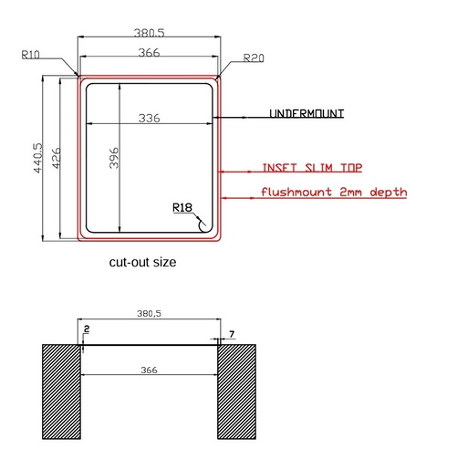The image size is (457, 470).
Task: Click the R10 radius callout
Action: tap(30, 55)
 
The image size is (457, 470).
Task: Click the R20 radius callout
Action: tap(254, 57)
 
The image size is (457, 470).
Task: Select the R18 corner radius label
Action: tap(182, 207)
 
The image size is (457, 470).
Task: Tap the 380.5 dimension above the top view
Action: tap(150, 33)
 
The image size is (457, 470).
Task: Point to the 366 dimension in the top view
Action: tap(149, 53)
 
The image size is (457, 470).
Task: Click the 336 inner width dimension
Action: tap(149, 118)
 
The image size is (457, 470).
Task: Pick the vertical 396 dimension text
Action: tap(114, 158)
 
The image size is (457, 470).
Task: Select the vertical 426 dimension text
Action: tap(57, 158)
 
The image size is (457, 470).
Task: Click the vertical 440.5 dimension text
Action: tap(37, 158)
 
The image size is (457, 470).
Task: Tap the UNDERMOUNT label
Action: tap(306, 113)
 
